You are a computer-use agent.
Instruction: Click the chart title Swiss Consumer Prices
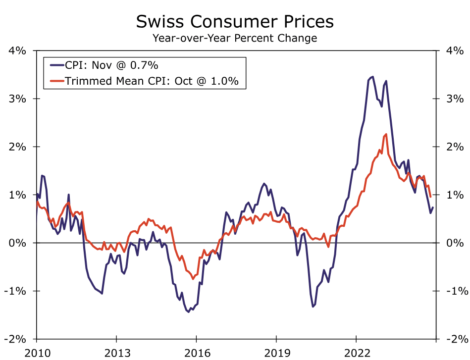point(235,21)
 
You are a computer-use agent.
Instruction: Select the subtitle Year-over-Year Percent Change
point(235,38)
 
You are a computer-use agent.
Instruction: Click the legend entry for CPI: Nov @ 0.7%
point(111,65)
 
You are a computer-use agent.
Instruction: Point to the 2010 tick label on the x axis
point(36,352)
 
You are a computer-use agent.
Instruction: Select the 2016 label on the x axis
point(196,352)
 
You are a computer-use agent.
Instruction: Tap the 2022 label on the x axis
point(356,352)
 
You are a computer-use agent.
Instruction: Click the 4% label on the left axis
point(18,51)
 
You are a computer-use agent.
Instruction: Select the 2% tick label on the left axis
point(18,147)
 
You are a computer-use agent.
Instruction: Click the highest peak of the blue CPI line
point(372,77)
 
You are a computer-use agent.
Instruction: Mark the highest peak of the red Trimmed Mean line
point(386,135)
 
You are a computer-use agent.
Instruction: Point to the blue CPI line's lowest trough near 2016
point(188,312)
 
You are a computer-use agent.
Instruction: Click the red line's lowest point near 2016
point(193,279)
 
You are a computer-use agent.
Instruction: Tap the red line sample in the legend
point(54,81)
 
